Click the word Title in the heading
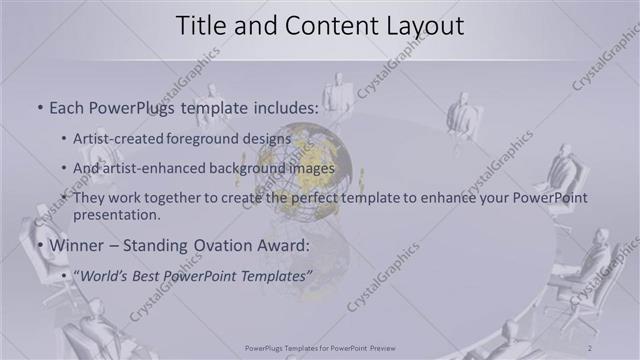click(x=201, y=27)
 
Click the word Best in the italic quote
click(x=147, y=275)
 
